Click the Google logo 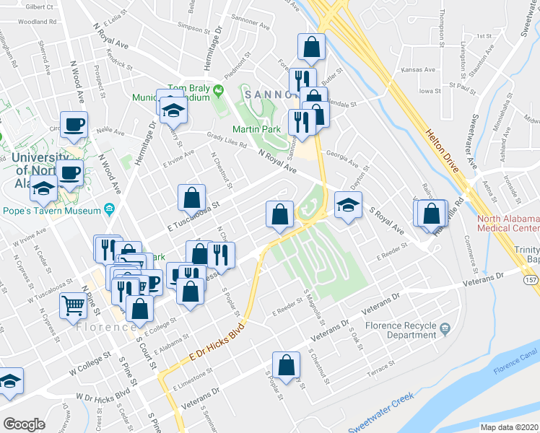coord(23,424)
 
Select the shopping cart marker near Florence coord(74,306)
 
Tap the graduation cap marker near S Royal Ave coord(348,206)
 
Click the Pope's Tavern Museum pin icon coord(109,210)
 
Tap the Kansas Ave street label coord(419,70)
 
